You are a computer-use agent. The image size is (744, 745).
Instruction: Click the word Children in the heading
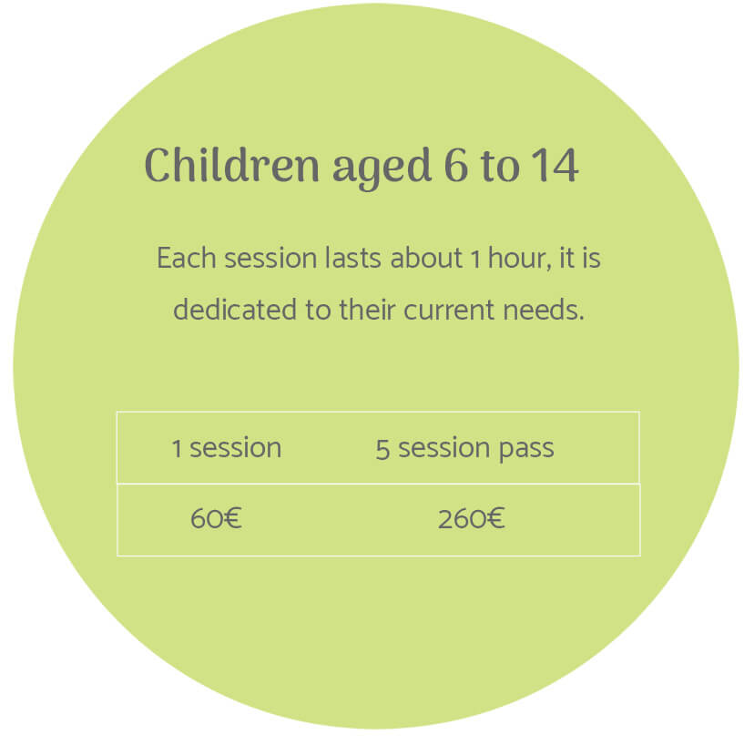pos(232,165)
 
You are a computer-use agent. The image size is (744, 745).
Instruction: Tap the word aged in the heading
pos(382,168)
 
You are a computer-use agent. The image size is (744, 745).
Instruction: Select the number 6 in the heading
pos(456,165)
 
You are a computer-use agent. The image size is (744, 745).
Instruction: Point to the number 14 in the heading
pos(555,165)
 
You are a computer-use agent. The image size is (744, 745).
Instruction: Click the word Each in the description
pos(187,258)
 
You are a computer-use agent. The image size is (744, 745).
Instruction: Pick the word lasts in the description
pos(353,258)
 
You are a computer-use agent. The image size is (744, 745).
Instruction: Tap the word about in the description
pos(426,258)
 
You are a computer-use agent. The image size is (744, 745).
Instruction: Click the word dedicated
pos(235,310)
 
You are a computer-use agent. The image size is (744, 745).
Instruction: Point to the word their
pos(367,310)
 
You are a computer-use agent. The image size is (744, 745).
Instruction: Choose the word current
pos(450,311)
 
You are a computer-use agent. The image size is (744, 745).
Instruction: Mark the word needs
pos(544,310)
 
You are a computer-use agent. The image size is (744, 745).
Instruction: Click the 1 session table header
pos(227,448)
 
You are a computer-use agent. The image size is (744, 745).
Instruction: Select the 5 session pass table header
pos(464,449)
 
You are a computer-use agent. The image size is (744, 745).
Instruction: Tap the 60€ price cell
pos(216,518)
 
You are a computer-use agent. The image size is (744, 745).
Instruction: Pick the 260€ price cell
pos(471,518)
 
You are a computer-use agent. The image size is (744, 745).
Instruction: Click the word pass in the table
pos(526,451)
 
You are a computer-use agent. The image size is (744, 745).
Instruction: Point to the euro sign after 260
pos(495,518)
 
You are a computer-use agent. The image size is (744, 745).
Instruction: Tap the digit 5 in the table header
pos(382,449)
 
